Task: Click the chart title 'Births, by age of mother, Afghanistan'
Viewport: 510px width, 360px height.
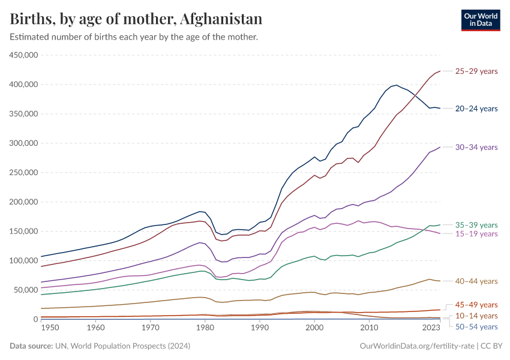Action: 136,19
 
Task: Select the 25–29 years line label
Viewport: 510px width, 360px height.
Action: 476,71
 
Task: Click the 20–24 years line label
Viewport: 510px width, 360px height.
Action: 476,109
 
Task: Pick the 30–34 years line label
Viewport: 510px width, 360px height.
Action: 476,147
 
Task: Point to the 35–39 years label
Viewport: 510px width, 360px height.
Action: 476,224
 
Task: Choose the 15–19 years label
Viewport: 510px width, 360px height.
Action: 476,233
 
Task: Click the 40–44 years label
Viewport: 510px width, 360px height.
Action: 476,281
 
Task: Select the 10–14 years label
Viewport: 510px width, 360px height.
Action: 476,316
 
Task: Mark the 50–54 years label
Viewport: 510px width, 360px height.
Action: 476,326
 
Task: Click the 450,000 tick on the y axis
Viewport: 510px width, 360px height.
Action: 24,55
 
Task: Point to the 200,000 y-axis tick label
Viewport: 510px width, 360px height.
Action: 24,202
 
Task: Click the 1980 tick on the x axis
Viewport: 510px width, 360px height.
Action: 205,328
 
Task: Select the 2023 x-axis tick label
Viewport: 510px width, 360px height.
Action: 430,328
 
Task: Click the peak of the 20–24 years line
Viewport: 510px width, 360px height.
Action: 395,85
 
